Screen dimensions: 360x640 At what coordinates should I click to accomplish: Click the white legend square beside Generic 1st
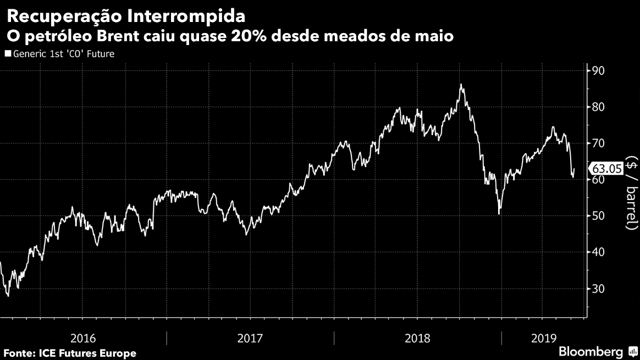pyautogui.click(x=7, y=54)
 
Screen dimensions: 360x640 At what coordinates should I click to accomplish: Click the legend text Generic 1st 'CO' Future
pyautogui.click(x=63, y=54)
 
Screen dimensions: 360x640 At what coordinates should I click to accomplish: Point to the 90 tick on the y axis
pyautogui.click(x=597, y=70)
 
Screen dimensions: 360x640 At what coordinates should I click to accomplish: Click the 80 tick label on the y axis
pyautogui.click(x=597, y=107)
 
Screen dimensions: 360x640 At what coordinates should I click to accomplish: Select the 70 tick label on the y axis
pyautogui.click(x=597, y=143)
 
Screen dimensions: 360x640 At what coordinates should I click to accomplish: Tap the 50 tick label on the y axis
pyautogui.click(x=597, y=216)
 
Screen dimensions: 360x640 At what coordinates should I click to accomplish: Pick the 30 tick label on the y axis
pyautogui.click(x=597, y=289)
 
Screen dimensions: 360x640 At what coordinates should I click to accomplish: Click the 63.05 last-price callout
pyautogui.click(x=606, y=169)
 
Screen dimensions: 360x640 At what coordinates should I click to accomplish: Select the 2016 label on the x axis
pyautogui.click(x=83, y=337)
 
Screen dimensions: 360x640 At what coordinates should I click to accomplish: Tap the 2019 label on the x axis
pyautogui.click(x=543, y=337)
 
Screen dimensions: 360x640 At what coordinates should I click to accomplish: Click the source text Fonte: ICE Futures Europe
pyautogui.click(x=70, y=353)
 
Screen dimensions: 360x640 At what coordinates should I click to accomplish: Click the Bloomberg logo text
pyautogui.click(x=591, y=351)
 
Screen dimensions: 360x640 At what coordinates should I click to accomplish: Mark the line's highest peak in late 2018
pyautogui.click(x=461, y=85)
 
